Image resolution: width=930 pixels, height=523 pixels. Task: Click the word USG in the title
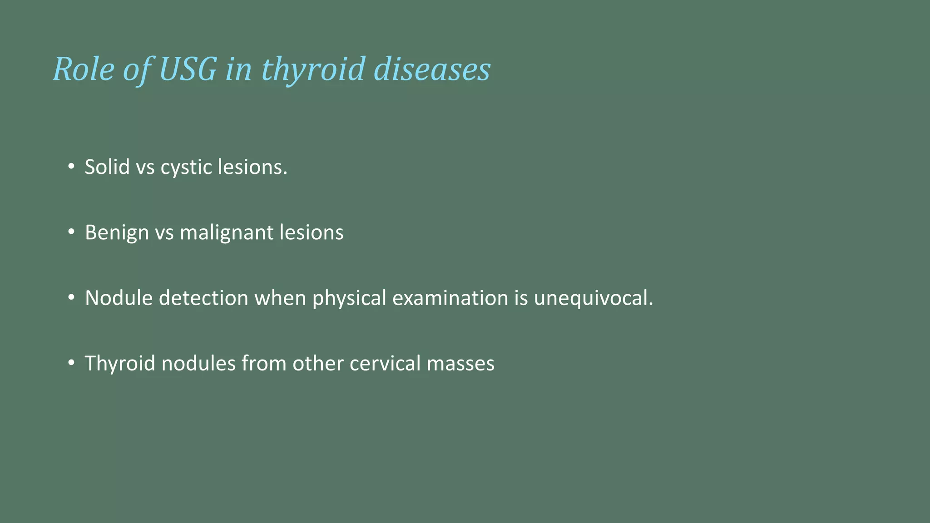click(x=188, y=69)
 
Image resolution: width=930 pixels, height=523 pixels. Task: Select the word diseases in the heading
click(x=432, y=69)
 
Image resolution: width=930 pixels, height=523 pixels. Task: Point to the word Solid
click(x=107, y=167)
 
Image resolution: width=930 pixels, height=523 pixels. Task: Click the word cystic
click(x=186, y=167)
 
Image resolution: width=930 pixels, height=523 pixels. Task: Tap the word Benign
click(x=117, y=232)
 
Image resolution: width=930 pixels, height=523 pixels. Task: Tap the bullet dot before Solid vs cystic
click(x=71, y=167)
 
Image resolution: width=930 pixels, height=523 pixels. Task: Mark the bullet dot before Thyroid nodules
click(x=71, y=363)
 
